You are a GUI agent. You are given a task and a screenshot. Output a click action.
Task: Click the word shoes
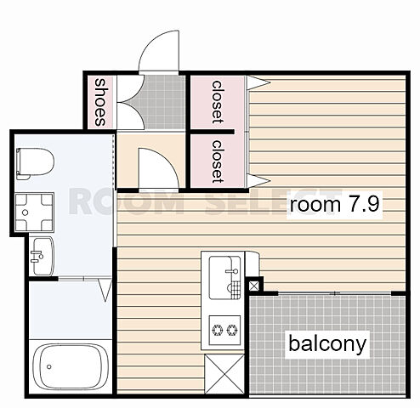[x=100, y=102]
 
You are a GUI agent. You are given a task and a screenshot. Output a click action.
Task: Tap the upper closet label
[x=218, y=102]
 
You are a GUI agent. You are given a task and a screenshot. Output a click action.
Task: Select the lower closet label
[x=218, y=161]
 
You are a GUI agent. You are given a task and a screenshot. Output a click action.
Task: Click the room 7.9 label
[x=334, y=205]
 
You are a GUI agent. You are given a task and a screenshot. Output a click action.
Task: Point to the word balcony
[x=327, y=344]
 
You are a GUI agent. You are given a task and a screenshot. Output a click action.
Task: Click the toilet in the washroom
[x=35, y=164]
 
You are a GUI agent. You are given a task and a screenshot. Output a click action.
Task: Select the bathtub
[x=71, y=366]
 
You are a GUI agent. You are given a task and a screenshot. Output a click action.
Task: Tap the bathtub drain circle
[x=49, y=366]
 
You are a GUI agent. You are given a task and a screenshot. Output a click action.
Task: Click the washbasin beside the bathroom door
[x=43, y=256]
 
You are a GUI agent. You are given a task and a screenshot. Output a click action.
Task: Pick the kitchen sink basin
[x=221, y=277]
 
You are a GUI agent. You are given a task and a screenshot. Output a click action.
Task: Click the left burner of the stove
[x=218, y=330]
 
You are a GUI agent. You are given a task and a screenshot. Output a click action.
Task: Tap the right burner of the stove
[x=232, y=330]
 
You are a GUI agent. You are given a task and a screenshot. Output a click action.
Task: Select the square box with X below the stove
[x=224, y=374]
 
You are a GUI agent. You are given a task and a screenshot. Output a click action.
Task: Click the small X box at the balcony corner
[x=253, y=286]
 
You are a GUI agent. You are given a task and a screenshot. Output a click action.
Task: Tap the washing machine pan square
[x=34, y=212]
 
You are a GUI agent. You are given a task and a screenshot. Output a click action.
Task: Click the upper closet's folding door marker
[x=258, y=82]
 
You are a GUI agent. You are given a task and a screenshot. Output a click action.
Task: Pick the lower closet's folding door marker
[x=258, y=180]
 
